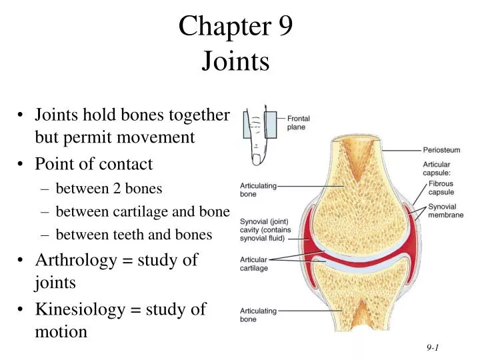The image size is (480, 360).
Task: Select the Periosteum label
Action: click(442, 150)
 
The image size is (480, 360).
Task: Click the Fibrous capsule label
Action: click(441, 188)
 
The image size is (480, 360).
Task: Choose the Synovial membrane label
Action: click(445, 211)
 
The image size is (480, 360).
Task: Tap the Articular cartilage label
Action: click(254, 263)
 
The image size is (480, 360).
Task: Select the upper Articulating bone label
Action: click(258, 190)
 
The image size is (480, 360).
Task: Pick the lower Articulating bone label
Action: click(258, 315)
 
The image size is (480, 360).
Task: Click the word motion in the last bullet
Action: click(61, 331)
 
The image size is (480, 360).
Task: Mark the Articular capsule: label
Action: click(437, 168)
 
